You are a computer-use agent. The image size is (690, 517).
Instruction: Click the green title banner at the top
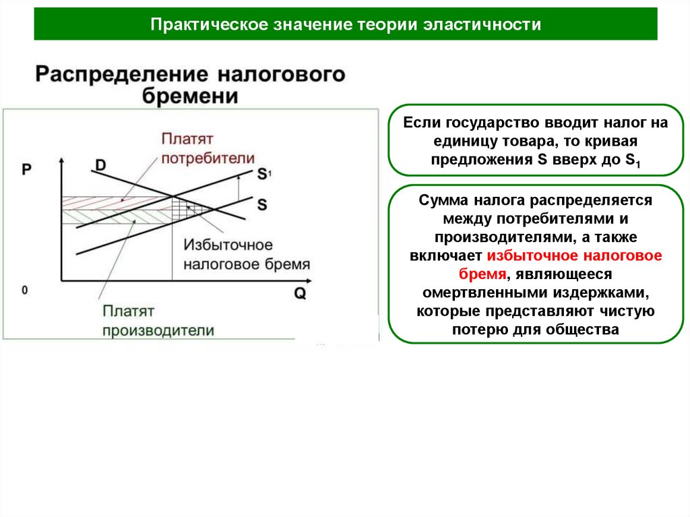pyautogui.click(x=345, y=24)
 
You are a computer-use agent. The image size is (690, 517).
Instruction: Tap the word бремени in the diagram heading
pyautogui.click(x=190, y=96)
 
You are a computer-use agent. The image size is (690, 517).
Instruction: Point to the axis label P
pyautogui.click(x=26, y=170)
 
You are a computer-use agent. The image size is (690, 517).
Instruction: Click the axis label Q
pyautogui.click(x=300, y=293)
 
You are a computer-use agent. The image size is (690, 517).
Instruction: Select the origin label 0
pyautogui.click(x=24, y=291)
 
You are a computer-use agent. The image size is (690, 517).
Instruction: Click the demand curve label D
pyautogui.click(x=100, y=165)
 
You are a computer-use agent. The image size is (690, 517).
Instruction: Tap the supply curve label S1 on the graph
pyautogui.click(x=263, y=174)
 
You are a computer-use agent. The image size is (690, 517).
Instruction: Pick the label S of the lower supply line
pyautogui.click(x=261, y=204)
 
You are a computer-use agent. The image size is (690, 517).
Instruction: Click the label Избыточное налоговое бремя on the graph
pyautogui.click(x=247, y=254)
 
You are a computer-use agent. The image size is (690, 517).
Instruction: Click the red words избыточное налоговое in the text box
pyautogui.click(x=574, y=256)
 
